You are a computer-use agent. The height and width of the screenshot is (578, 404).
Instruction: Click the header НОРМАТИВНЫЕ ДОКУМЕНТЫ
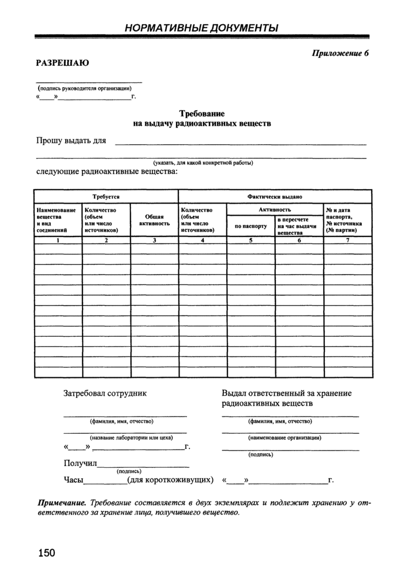pyautogui.click(x=201, y=27)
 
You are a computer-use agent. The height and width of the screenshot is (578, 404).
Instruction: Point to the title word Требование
pyautogui.click(x=201, y=114)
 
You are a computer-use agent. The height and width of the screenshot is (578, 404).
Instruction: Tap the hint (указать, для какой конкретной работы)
pyautogui.click(x=203, y=163)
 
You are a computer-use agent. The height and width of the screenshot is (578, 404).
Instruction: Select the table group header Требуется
pyautogui.click(x=106, y=197)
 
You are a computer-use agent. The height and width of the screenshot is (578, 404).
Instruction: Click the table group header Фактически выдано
pyautogui.click(x=275, y=197)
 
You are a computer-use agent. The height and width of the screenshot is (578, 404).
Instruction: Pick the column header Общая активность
pyautogui.click(x=154, y=220)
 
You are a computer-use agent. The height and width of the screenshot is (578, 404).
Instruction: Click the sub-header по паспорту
pyautogui.click(x=250, y=226)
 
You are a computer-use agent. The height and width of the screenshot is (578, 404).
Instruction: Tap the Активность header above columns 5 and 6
pyautogui.click(x=275, y=210)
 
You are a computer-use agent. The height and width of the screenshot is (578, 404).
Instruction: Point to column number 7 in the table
pyautogui.click(x=347, y=241)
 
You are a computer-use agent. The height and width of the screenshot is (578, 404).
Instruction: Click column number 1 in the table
pyautogui.click(x=58, y=241)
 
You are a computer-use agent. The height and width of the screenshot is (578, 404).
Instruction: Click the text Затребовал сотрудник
pyautogui.click(x=105, y=393)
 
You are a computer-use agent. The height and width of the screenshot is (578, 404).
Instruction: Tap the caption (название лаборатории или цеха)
pyautogui.click(x=124, y=437)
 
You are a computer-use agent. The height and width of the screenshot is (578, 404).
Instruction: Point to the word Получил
pyautogui.click(x=80, y=464)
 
